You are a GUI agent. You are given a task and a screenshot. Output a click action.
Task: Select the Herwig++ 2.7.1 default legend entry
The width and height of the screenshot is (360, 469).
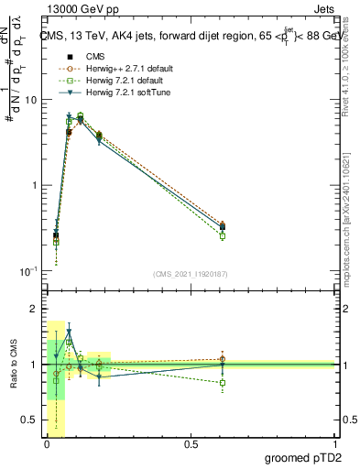[x=119, y=70]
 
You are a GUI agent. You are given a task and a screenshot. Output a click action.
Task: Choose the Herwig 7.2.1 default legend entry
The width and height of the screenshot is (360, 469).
[x=115, y=82]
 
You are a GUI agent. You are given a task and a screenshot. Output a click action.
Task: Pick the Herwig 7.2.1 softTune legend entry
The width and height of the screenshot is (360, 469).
[x=117, y=93]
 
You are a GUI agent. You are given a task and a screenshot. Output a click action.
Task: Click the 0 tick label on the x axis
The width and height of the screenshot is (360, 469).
[x=45, y=444]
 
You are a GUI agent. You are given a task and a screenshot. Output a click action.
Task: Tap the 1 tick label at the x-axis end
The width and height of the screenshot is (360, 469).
[x=334, y=444]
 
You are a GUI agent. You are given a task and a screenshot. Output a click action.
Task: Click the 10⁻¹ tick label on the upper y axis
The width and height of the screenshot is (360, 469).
[x=27, y=271]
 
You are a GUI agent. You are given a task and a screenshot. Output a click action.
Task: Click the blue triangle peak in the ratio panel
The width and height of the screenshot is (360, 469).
[x=69, y=332]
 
